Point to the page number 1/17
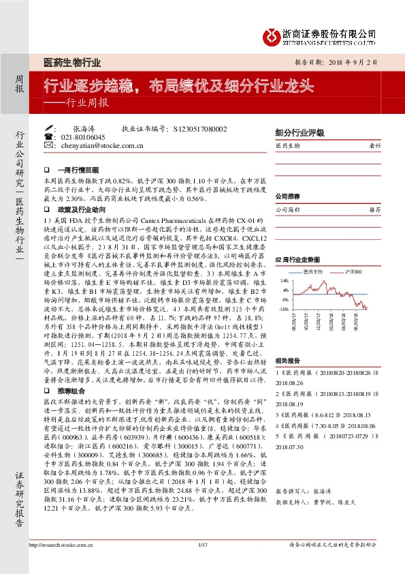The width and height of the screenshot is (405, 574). click(x=201, y=564)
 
